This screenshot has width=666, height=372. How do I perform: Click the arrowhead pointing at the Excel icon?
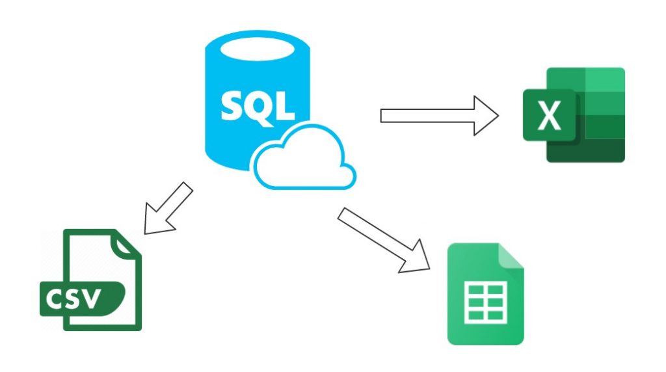(485, 116)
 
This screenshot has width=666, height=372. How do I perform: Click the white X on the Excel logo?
(550, 115)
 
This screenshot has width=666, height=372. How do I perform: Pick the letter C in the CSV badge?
(57, 299)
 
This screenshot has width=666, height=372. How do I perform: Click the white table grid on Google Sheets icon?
(485, 302)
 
